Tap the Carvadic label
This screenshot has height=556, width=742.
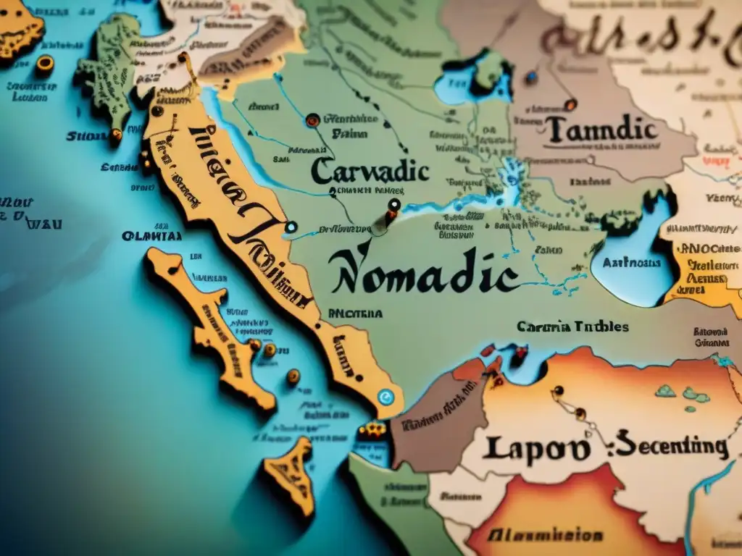click(x=370, y=172)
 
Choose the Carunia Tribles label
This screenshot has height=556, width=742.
click(x=572, y=327)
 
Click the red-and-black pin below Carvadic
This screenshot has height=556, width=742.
click(x=393, y=206)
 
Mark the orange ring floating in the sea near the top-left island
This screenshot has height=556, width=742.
click(x=45, y=64)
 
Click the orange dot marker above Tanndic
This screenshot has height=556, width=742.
click(x=570, y=104)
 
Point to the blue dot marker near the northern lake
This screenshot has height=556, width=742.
click(x=531, y=75)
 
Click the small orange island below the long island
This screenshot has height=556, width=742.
click(x=290, y=474)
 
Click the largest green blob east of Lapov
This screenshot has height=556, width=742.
click(x=696, y=395)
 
